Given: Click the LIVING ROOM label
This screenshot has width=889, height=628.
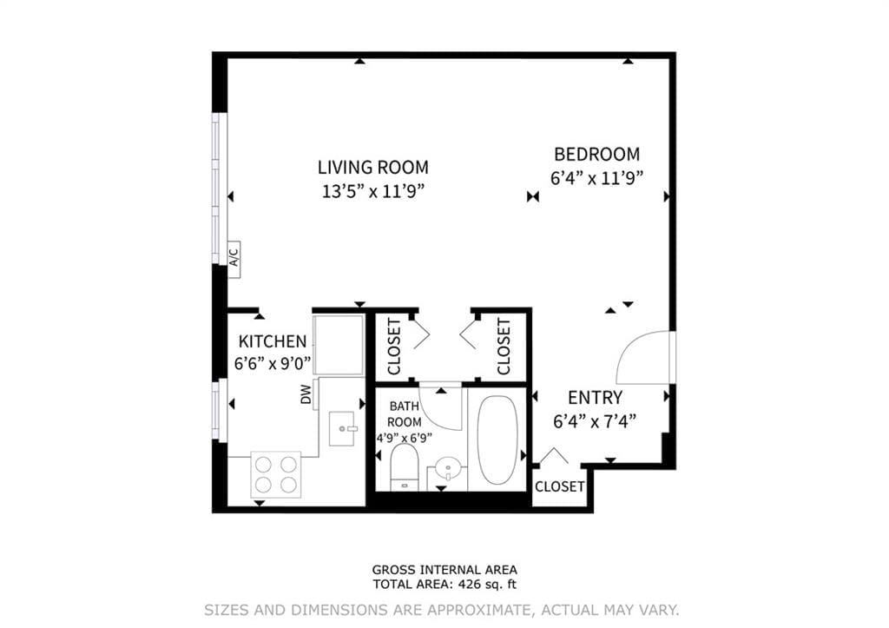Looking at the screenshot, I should click(x=372, y=168).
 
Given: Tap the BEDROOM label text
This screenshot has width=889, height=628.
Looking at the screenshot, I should click(x=596, y=155).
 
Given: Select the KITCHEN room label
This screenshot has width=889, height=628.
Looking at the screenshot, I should click(x=273, y=341).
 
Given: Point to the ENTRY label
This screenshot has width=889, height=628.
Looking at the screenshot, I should click(x=595, y=398).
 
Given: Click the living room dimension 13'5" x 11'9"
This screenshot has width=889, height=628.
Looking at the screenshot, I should click(x=372, y=191).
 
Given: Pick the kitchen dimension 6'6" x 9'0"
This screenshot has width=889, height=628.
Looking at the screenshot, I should click(x=273, y=364).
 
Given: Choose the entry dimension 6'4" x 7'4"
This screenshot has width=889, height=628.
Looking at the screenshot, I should click(x=595, y=421).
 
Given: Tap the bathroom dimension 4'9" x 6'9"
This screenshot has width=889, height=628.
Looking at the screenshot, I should click(x=404, y=438).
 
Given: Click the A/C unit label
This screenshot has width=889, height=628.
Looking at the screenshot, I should click(x=234, y=258).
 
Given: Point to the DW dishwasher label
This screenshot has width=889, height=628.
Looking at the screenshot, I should click(x=306, y=396).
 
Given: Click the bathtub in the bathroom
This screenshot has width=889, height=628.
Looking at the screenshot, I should click(x=497, y=440).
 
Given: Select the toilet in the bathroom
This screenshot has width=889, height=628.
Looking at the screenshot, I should click(x=405, y=466).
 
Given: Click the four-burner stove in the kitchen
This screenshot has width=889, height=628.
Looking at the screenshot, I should click(x=276, y=473).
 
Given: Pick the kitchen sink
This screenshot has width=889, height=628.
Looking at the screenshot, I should click(x=346, y=428).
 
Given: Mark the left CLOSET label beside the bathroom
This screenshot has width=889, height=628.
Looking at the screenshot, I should click(x=394, y=346).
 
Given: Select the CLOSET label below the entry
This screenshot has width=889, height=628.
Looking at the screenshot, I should click(x=559, y=486).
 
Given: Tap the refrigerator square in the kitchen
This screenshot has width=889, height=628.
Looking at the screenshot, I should click(x=339, y=345).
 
